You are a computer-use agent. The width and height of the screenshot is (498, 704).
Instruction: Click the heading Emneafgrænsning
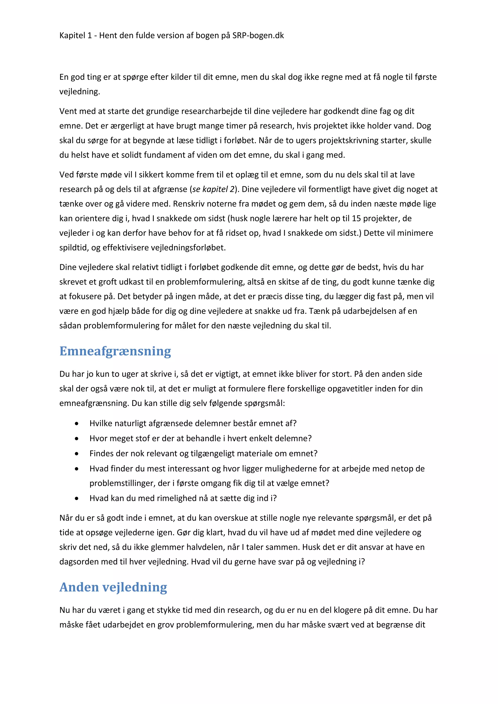click(x=115, y=351)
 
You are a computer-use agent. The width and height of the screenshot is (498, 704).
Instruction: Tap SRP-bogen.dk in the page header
click(x=258, y=35)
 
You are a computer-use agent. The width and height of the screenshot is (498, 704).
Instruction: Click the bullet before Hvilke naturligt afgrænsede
click(x=77, y=424)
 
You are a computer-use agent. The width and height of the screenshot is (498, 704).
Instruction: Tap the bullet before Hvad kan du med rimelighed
click(x=77, y=499)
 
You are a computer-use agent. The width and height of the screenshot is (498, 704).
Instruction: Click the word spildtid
click(x=74, y=248)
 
